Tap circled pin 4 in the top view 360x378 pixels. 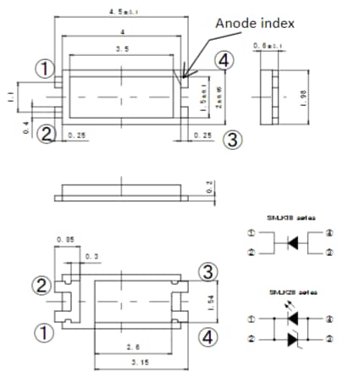[x=223, y=62]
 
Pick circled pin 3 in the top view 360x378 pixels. [x=235, y=139]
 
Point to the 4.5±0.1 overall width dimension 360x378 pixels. [x=120, y=11]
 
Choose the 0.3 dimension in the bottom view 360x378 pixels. [x=90, y=254]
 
